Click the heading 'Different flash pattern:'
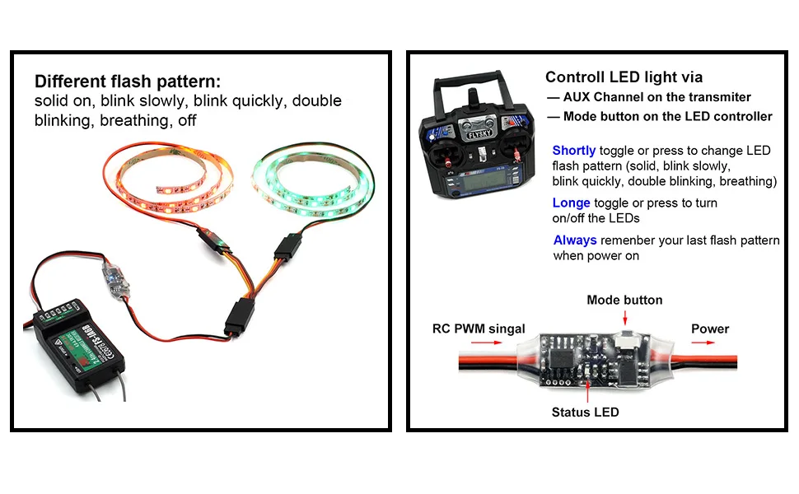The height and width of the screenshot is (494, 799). pyautogui.click(x=128, y=82)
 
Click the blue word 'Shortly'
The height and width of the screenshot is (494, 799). pyautogui.click(x=573, y=151)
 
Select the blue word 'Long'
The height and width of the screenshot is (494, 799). pyautogui.click(x=571, y=203)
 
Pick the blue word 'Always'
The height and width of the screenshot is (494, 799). pyautogui.click(x=575, y=240)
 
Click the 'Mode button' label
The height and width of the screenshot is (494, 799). pyautogui.click(x=624, y=300)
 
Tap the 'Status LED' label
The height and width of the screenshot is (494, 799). pyautogui.click(x=585, y=412)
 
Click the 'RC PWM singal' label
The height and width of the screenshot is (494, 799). pyautogui.click(x=479, y=329)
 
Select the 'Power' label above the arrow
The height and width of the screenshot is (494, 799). pyautogui.click(x=709, y=329)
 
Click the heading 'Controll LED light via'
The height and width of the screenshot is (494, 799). pyautogui.click(x=624, y=77)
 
